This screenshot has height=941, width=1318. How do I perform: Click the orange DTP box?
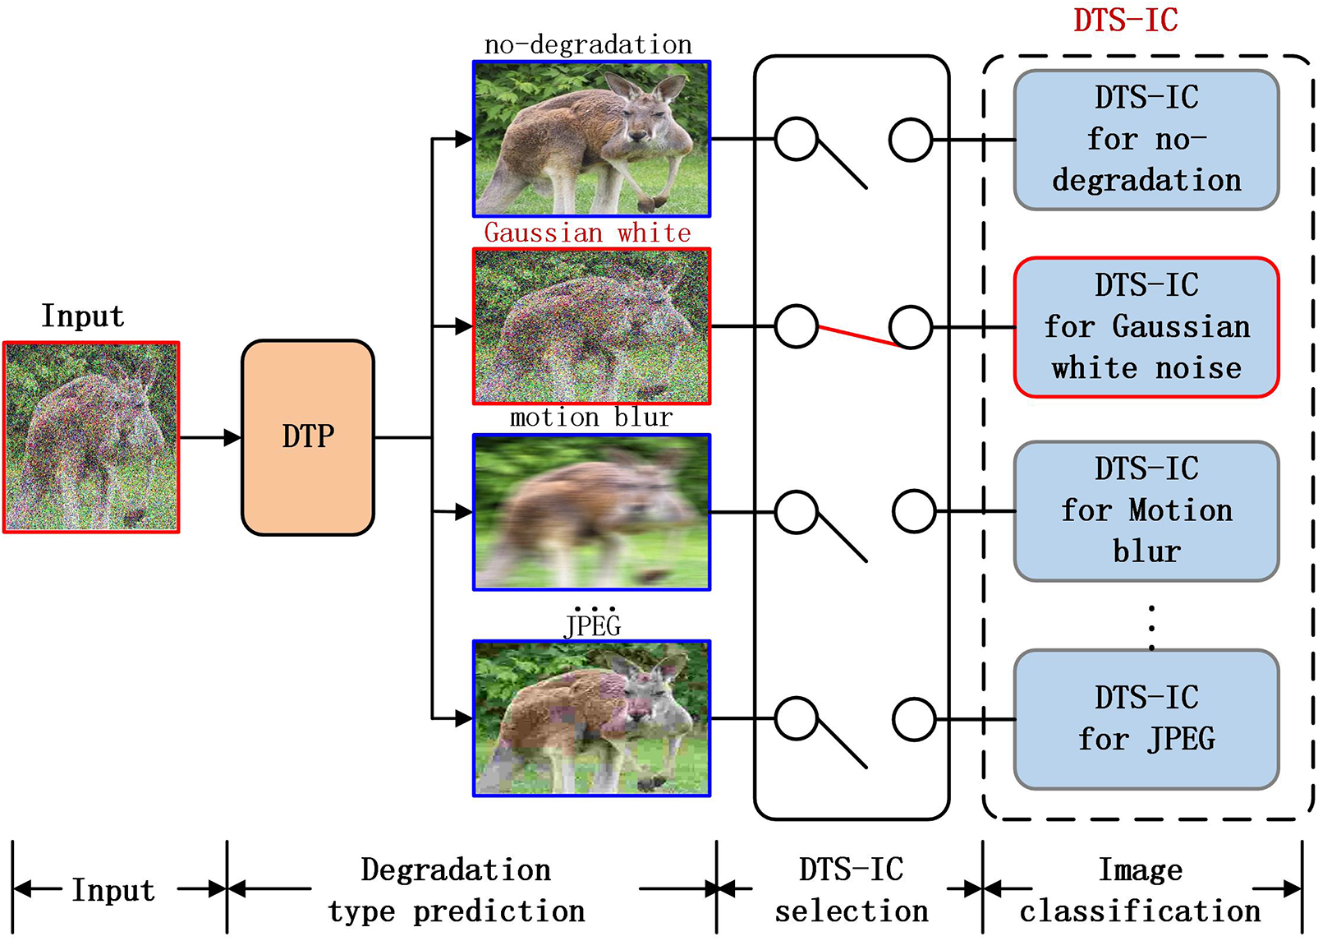tap(308, 437)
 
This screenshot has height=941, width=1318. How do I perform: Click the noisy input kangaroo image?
tap(91, 437)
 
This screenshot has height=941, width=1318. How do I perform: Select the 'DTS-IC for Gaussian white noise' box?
tap(1146, 327)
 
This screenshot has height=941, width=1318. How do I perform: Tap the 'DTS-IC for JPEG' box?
tap(1146, 719)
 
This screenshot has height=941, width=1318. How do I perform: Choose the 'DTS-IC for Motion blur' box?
tap(1146, 510)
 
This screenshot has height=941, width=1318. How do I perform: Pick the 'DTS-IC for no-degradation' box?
tap(1146, 140)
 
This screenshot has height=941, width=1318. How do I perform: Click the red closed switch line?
tap(857, 336)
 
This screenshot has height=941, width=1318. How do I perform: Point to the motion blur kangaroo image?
tap(591, 512)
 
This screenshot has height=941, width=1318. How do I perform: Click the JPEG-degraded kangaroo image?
tap(591, 718)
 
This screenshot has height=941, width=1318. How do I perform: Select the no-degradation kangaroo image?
tap(591, 139)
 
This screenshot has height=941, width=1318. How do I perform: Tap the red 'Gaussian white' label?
tap(587, 233)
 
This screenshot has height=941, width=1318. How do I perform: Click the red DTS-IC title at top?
tap(1125, 20)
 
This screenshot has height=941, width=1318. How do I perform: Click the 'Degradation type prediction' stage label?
tap(457, 890)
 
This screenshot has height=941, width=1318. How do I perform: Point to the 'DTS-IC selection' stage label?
tap(851, 890)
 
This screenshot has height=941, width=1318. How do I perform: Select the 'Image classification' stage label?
tap(1141, 890)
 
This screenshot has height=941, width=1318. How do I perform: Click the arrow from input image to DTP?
tap(210, 437)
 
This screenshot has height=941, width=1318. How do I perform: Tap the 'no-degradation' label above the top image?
tap(588, 44)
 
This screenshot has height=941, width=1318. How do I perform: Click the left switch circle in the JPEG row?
tap(796, 719)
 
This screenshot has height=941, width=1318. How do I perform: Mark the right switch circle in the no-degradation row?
tap(911, 140)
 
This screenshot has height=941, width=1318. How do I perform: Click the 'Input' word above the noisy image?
tap(83, 316)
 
